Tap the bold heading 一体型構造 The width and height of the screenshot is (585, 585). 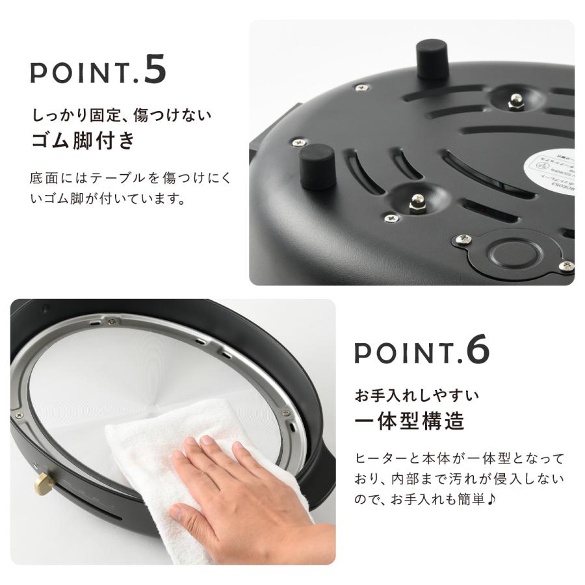pos(409,421)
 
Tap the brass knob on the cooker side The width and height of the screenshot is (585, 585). pos(43,482)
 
